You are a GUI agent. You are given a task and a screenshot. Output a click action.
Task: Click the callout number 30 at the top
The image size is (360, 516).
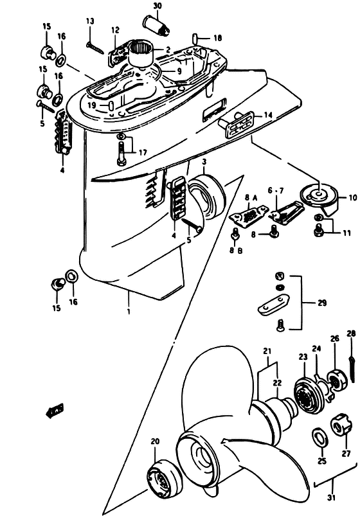click(157, 6)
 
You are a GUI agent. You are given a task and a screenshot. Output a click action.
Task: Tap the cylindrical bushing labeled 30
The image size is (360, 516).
click(156, 25)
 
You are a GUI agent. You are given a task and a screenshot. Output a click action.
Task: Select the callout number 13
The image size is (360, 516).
click(90, 21)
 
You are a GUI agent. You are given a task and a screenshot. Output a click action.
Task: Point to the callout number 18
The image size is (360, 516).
click(218, 38)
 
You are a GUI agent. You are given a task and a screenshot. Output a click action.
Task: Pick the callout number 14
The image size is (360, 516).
click(268, 115)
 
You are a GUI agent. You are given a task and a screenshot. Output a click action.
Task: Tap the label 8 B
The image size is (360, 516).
click(236, 251)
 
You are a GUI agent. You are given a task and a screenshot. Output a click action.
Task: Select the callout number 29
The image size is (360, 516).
click(322, 302)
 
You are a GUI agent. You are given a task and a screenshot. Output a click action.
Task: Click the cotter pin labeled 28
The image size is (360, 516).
click(352, 369)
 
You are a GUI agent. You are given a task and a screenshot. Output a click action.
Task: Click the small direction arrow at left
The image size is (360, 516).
click(55, 410)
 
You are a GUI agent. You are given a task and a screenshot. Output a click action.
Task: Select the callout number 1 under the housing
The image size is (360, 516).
click(129, 311)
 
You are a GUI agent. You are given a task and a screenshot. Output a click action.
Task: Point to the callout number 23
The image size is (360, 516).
click(303, 357)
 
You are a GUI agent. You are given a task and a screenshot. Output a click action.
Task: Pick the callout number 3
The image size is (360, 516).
click(204, 162)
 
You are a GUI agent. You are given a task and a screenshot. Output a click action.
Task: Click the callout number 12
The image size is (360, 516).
click(115, 31)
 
